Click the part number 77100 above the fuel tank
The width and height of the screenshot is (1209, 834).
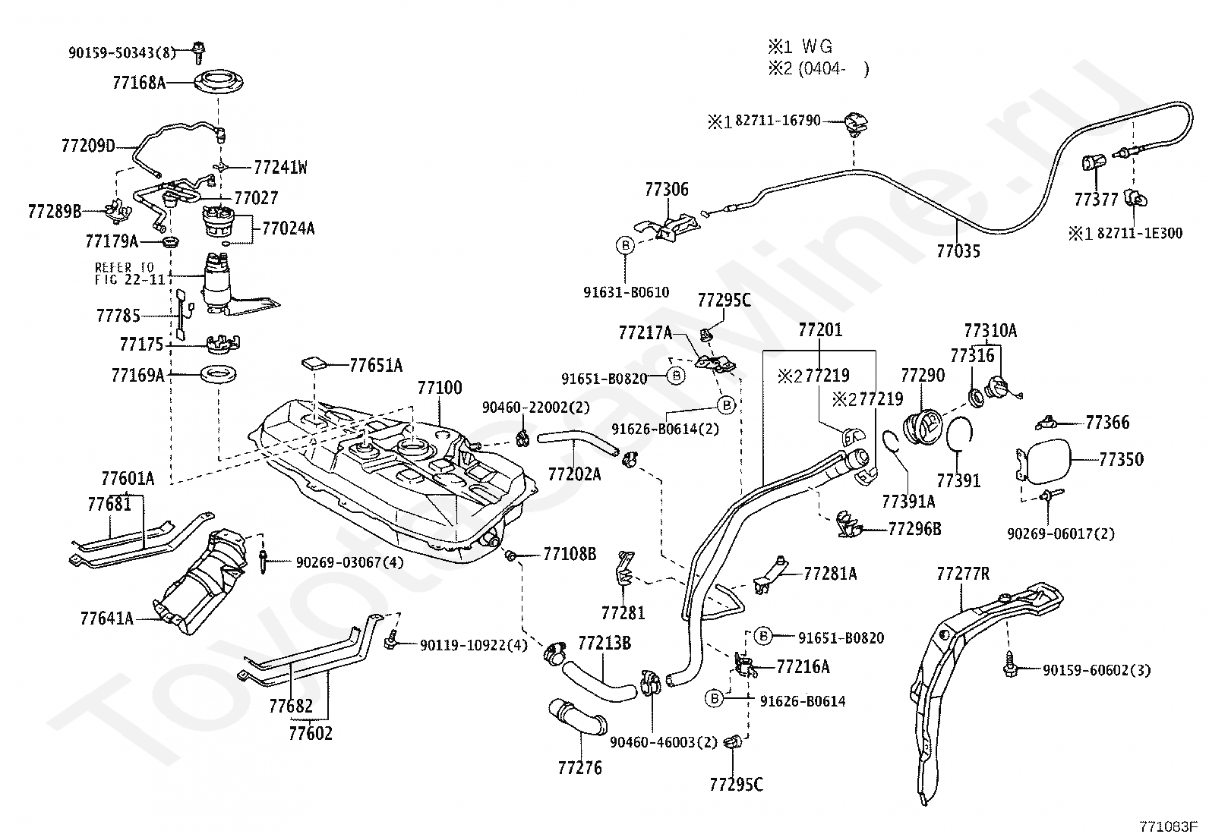[440, 388]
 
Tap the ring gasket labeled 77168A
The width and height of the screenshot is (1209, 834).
[218, 83]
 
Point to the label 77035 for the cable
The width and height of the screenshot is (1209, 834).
[958, 251]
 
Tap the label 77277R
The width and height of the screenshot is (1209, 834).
[963, 574]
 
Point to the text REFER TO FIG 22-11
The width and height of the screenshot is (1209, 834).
[132, 273]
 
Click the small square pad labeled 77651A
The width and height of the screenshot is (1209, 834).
[314, 363]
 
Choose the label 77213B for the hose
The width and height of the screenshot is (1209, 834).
[604, 643]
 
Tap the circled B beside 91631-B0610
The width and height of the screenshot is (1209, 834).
[625, 246]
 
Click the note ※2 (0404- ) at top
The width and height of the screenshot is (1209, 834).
[818, 69]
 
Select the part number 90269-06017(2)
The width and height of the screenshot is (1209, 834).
[1061, 533]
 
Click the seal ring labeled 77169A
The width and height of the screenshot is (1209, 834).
[219, 374]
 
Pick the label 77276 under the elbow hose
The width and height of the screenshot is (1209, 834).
[579, 768]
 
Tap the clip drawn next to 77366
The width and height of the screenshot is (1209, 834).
[1046, 423]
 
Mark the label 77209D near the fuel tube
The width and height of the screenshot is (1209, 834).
[89, 146]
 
